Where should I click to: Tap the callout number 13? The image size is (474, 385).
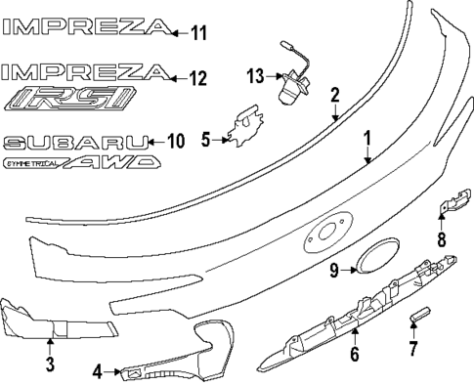pos(256,75)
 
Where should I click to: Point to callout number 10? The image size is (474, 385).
pos(175,141)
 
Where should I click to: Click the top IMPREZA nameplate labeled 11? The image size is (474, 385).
pos(83,30)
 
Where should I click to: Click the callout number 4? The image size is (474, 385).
pos(98,371)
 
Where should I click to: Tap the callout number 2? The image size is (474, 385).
pos(334,95)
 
